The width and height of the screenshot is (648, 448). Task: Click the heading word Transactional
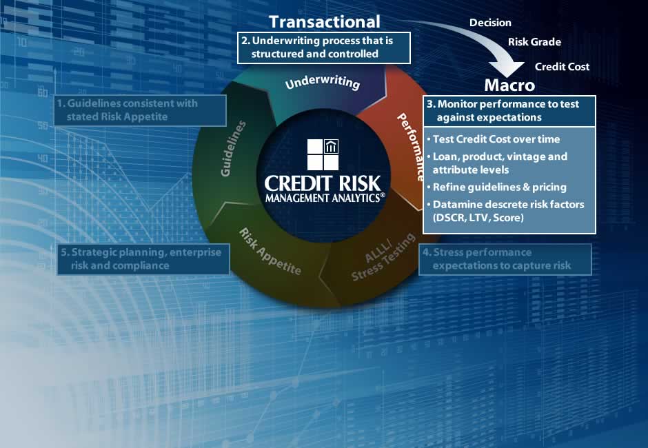324,21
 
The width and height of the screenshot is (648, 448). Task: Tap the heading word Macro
509,85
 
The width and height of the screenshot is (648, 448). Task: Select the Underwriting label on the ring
323,83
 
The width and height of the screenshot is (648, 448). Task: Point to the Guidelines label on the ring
234,148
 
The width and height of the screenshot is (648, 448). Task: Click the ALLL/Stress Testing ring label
381,258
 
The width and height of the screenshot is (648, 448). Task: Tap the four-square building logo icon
323,155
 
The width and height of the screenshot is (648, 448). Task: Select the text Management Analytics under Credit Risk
323,198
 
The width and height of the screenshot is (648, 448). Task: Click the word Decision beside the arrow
490,23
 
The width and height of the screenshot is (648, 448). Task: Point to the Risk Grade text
534,42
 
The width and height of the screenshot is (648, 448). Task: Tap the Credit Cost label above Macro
562,67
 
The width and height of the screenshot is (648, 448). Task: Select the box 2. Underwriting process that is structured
323,48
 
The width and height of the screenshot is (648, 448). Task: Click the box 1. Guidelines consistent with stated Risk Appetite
141,110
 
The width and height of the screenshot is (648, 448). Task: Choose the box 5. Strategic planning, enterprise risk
144,258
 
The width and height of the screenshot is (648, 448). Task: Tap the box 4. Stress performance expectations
505,258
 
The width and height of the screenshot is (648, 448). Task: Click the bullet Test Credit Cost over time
496,139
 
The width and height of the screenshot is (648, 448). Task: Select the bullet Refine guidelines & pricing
499,187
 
